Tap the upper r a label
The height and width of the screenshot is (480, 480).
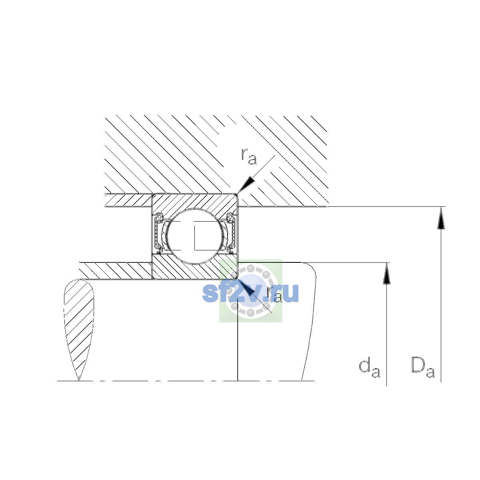248,156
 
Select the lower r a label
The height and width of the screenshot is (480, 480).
274,295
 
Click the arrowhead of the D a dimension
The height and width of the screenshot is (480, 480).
441,218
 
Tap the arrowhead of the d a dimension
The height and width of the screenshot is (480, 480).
386,274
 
